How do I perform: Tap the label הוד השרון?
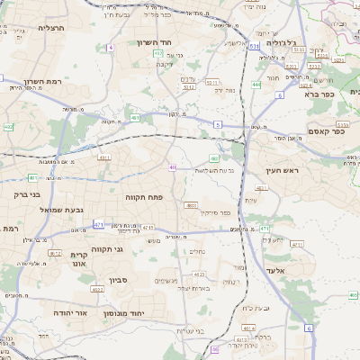pyautogui.click(x=156, y=42)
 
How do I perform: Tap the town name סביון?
pyautogui.click(x=120, y=280)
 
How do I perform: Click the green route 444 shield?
pyautogui.click(x=256, y=85)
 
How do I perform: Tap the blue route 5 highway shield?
pyautogui.click(x=218, y=123)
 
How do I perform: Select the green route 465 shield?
pyautogui.click(x=354, y=294)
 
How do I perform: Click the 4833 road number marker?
pyautogui.click(x=192, y=205)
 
